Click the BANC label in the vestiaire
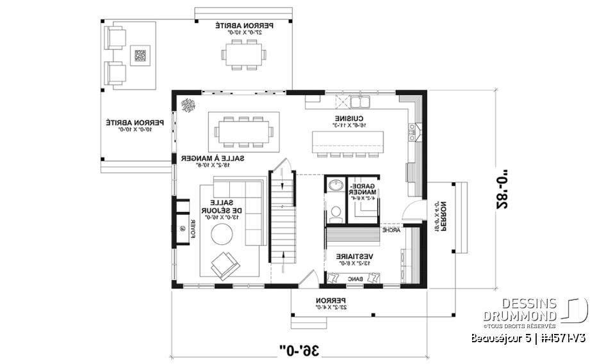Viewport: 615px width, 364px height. point(355,279)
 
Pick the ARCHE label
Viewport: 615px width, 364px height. point(391,229)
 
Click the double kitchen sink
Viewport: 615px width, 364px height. point(359,101)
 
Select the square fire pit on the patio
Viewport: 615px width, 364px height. point(140,56)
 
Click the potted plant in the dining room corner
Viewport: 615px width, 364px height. point(188,105)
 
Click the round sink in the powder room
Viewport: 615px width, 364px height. point(335,186)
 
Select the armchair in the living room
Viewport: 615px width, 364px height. point(224,264)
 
